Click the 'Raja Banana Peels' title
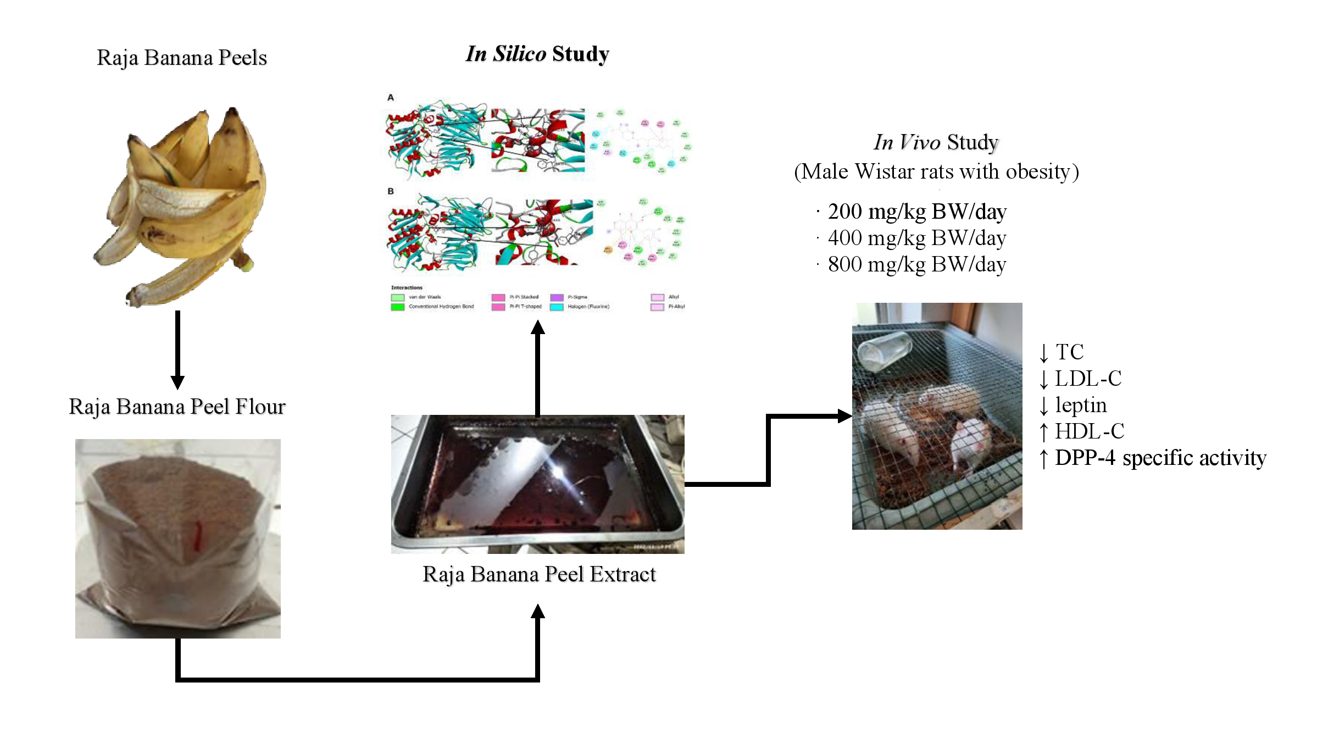coord(182,58)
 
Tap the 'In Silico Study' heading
coord(537,54)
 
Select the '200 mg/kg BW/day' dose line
coord(916,212)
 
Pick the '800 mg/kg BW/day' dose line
coord(916,264)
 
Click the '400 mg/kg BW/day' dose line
coord(916,238)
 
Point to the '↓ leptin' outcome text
coord(1073,406)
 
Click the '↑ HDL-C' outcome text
coord(1082,432)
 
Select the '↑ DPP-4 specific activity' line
coord(1153,458)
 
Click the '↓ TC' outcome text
coord(1062,352)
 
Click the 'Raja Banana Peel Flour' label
coord(177,407)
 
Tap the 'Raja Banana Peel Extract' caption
coord(539,574)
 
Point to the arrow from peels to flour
coord(177,349)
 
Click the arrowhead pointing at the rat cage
coord(844,416)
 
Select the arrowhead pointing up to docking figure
coord(538,328)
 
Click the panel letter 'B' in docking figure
coord(391,191)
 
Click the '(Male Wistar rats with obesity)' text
coord(936,171)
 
